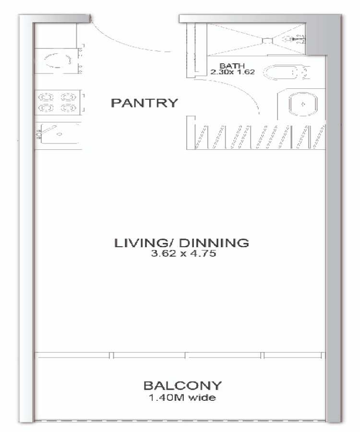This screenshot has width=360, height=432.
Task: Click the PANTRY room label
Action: [x=144, y=103]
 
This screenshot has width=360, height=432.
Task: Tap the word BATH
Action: [x=232, y=66]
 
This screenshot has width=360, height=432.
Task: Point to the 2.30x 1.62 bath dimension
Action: [x=232, y=72]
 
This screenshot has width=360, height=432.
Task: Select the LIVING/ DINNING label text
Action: [x=181, y=243]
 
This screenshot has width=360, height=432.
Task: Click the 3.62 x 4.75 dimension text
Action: [x=183, y=253]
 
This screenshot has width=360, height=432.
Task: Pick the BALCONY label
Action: [x=182, y=385]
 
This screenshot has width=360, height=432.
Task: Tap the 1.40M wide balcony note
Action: [x=182, y=397]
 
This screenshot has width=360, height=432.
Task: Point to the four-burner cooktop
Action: [x=57, y=102]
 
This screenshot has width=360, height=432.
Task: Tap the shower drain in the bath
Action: [x=267, y=41]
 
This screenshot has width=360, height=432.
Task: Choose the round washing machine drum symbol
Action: [x=58, y=60]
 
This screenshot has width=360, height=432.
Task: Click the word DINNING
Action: [x=214, y=243]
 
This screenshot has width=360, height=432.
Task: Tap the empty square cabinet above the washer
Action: [x=56, y=36]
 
